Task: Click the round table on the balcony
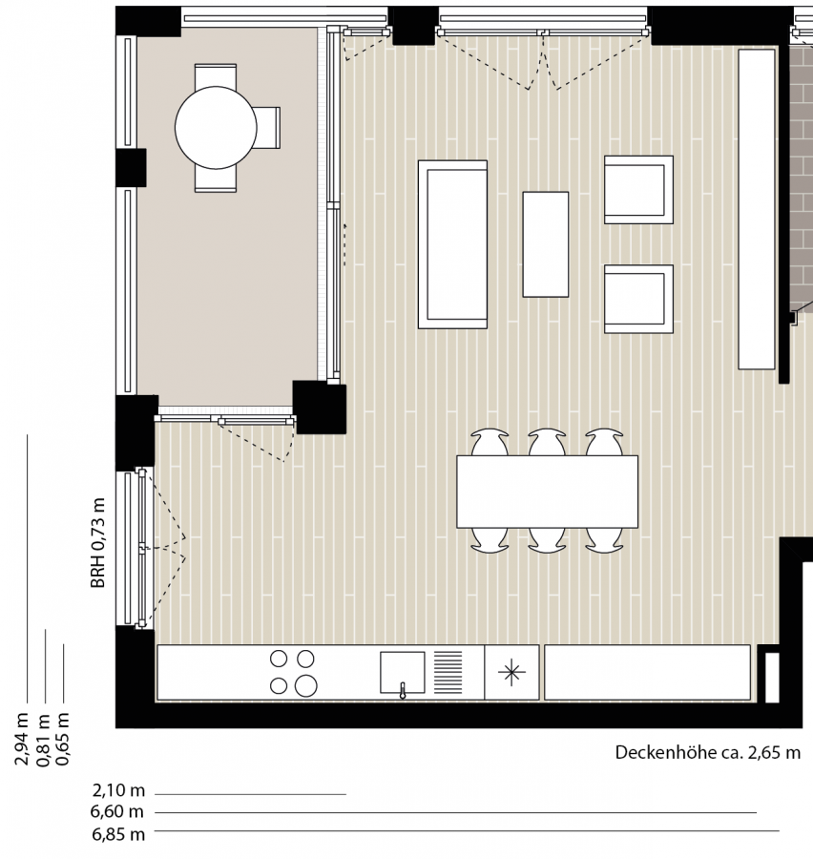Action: pyautogui.click(x=216, y=127)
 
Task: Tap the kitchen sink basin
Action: pyautogui.click(x=402, y=672)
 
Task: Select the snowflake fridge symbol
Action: pyautogui.click(x=511, y=672)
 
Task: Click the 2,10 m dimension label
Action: pyautogui.click(x=118, y=790)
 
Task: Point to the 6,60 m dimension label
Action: pyautogui.click(x=117, y=811)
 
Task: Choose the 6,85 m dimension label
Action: pyautogui.click(x=118, y=834)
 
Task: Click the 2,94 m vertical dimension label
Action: pyautogui.click(x=22, y=739)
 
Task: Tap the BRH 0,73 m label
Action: pyautogui.click(x=98, y=543)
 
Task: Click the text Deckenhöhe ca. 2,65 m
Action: pyautogui.click(x=708, y=752)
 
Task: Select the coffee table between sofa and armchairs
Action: pyautogui.click(x=546, y=244)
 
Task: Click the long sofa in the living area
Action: pyautogui.click(x=452, y=244)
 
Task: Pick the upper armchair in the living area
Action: pyautogui.click(x=638, y=190)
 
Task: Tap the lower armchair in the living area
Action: pyautogui.click(x=638, y=299)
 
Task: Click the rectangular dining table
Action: pyautogui.click(x=548, y=492)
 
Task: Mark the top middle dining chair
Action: pyautogui.click(x=547, y=442)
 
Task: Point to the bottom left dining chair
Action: pyautogui.click(x=490, y=540)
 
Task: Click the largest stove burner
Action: pyautogui.click(x=305, y=685)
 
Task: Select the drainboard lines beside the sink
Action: pyautogui.click(x=448, y=672)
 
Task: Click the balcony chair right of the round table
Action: pyautogui.click(x=267, y=128)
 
